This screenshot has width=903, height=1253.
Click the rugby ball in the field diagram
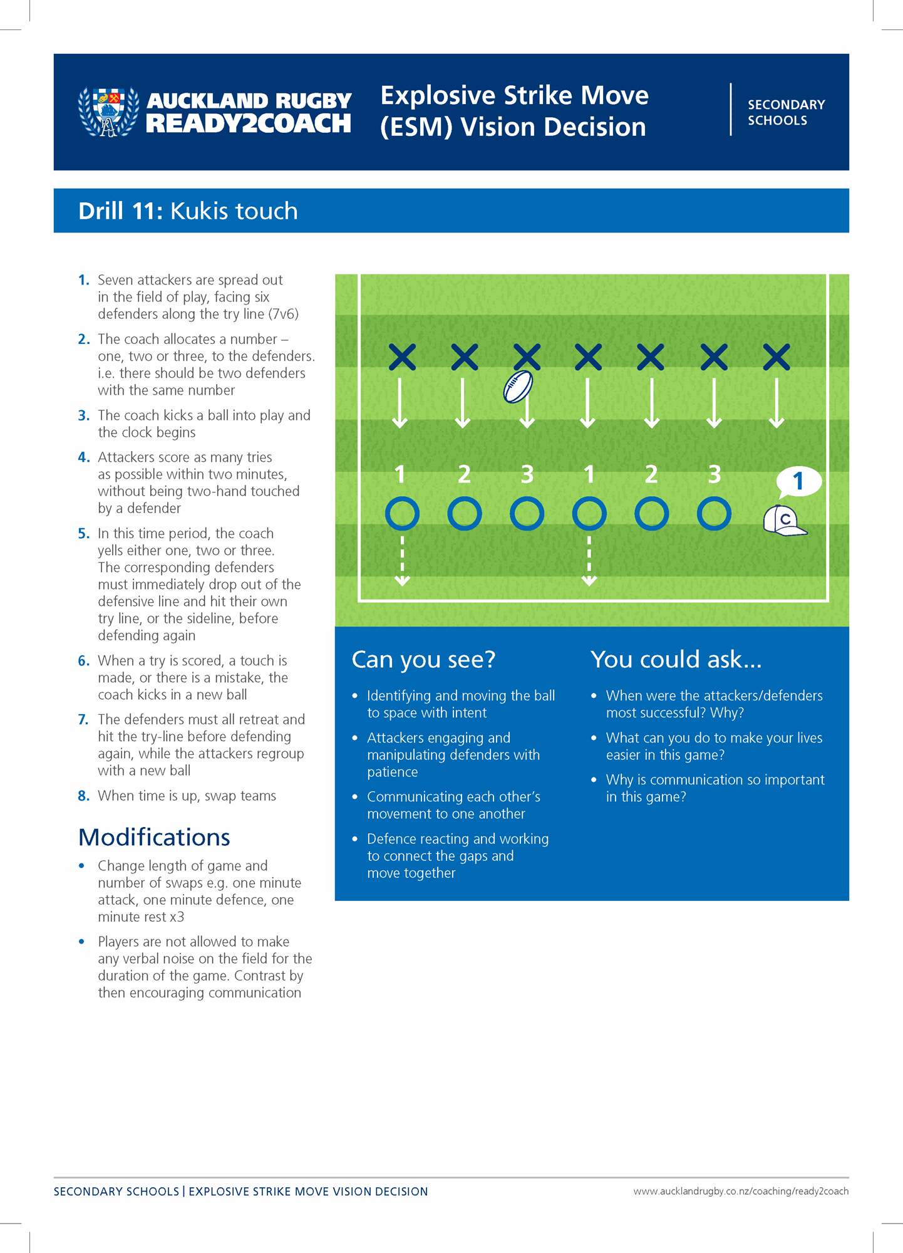[x=518, y=387]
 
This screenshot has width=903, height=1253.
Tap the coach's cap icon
[x=784, y=521]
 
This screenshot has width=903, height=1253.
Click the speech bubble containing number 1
[x=798, y=481]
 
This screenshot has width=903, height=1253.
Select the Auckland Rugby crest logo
[x=108, y=112]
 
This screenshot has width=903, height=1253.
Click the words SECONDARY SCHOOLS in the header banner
[x=786, y=112]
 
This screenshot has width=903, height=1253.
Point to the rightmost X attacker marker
[x=777, y=357]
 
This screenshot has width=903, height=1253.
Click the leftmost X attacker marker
[x=402, y=357]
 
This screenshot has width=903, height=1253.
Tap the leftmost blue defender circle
[x=402, y=514]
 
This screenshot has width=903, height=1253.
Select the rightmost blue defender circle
[x=714, y=514]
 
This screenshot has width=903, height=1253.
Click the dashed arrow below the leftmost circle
[x=402, y=559]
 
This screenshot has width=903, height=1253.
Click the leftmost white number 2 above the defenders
[x=464, y=474]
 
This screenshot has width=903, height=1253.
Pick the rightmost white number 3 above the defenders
[x=715, y=474]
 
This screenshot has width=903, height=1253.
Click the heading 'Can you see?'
[x=423, y=659]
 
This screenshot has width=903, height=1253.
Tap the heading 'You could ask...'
[x=676, y=659]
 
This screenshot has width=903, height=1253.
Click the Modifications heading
[x=154, y=837]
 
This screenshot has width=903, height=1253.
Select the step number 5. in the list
[x=84, y=533]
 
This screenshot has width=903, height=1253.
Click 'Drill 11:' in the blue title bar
[x=120, y=211]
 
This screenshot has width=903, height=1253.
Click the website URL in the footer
[x=741, y=1191]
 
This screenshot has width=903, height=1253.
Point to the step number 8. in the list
[x=84, y=796]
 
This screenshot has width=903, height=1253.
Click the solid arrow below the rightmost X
[x=777, y=402]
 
